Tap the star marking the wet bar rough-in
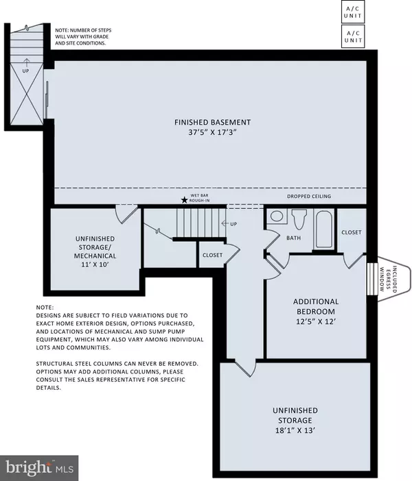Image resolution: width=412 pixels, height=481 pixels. click(x=183, y=200)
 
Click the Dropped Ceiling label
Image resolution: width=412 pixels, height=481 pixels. click(x=308, y=197)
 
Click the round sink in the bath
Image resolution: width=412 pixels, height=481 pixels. click(x=277, y=217)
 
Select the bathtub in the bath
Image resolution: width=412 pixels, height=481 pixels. click(x=323, y=230)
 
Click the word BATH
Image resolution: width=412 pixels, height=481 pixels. click(x=294, y=238)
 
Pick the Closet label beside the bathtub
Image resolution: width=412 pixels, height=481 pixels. click(x=352, y=232)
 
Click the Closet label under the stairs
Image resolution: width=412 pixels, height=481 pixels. click(x=212, y=254)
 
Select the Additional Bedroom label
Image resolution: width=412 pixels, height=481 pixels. click(x=315, y=306)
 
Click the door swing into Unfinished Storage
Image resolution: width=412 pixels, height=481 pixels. click(x=240, y=369)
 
